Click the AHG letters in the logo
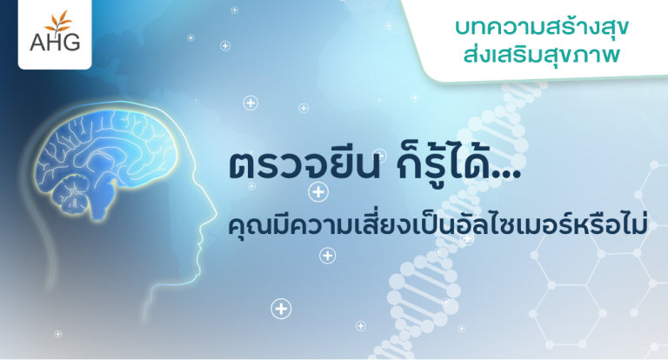(x=55, y=43)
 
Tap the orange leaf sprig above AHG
(x=59, y=22)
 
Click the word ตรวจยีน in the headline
(x=304, y=164)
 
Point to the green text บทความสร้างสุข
(x=542, y=28)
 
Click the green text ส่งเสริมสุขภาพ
(x=542, y=56)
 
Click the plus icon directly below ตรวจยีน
(x=318, y=192)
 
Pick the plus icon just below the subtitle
(x=328, y=256)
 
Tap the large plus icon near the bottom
(x=281, y=309)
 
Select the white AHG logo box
(x=55, y=34)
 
